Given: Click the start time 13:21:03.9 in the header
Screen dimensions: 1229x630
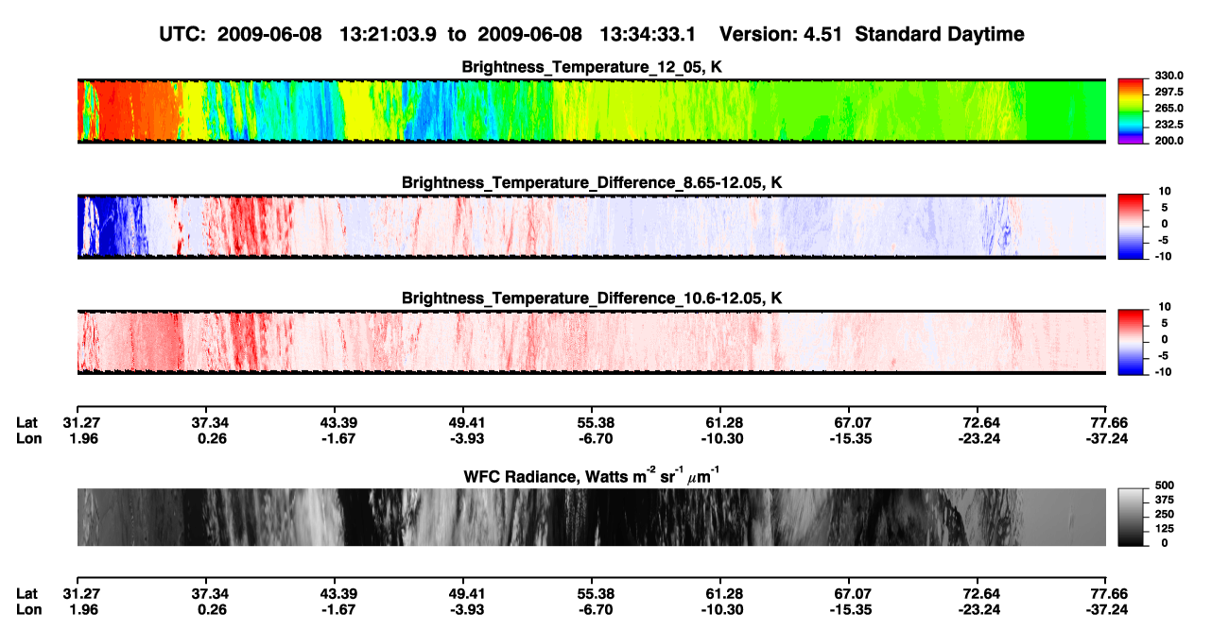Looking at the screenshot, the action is coord(388,34).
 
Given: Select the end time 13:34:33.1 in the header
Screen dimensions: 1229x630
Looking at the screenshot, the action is coord(648,34).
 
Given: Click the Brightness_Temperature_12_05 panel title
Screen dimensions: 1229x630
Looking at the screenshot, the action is coord(592,67).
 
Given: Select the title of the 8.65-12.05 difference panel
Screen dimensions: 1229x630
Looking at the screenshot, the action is coord(592,182).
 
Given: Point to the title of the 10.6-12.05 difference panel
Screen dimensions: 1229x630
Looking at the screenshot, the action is coord(592,298).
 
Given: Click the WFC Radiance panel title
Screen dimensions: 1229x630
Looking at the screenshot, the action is coord(592,476).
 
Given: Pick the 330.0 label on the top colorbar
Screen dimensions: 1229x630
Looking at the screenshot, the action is coord(1168,76).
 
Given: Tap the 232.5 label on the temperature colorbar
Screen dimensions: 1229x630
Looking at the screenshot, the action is coord(1168,125).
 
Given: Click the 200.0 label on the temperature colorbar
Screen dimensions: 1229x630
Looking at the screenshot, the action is coord(1168,141).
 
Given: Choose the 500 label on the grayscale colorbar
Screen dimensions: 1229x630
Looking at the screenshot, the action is coord(1165,485).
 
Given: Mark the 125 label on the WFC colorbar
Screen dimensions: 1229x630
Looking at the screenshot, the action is coord(1165,529).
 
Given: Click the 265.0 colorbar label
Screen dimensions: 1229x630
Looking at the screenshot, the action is coord(1168,108).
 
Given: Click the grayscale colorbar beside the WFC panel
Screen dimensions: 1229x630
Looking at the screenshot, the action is coord(1131,517).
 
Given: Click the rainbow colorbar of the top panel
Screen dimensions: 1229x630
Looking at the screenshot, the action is coord(1131,111).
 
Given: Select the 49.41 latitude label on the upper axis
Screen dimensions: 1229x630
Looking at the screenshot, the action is coord(467,423).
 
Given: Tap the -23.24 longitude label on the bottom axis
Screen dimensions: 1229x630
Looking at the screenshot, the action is coord(979,610).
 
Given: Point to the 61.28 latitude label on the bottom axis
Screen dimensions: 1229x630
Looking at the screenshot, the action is coord(723,594).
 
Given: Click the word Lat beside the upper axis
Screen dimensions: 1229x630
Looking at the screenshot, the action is coord(26,423).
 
